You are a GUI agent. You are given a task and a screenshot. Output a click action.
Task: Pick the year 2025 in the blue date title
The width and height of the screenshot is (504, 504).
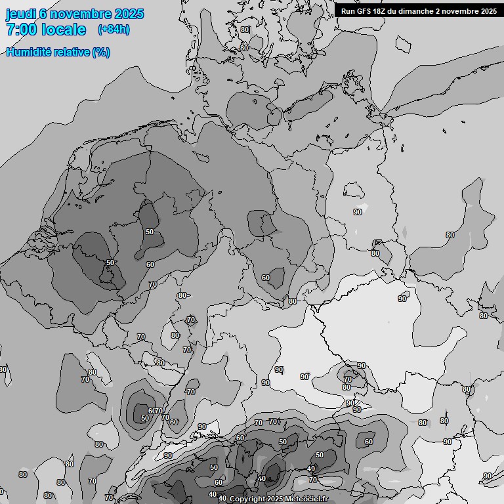[129, 14]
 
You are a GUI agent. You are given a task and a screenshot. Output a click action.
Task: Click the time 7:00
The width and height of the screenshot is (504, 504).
[22, 30]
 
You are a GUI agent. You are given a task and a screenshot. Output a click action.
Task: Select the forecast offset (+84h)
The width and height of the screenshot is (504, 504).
[113, 30]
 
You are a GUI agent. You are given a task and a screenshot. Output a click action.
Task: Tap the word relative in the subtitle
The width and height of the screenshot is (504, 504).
[71, 52]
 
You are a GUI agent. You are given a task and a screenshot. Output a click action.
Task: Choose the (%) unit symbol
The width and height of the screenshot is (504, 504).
[101, 52]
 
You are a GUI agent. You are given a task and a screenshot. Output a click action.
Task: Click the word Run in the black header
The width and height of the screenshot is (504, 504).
[348, 10]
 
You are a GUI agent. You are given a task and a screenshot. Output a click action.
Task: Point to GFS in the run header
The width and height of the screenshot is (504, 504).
[364, 10]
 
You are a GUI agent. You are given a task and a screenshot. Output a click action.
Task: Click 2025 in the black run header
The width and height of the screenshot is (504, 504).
[489, 10]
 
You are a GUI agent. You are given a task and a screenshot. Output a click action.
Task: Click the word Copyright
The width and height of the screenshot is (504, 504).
[247, 499]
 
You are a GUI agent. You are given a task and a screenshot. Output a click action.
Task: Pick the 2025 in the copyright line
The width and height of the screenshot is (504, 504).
[275, 499]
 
